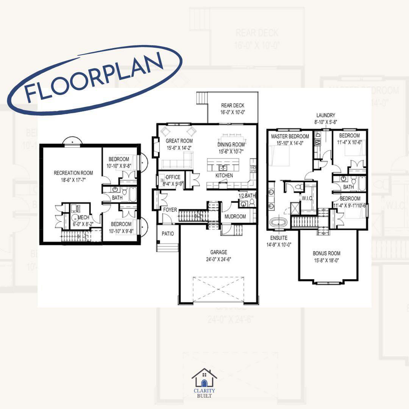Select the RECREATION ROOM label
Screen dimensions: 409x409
(73, 173)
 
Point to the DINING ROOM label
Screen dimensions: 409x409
(231, 145)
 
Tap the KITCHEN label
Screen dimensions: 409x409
(224, 176)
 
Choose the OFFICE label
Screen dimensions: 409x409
(173, 177)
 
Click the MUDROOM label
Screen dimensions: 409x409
(235, 217)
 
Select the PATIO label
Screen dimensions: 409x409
(168, 234)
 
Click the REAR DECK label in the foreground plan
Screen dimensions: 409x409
(233, 106)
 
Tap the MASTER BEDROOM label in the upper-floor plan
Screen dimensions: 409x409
(290, 136)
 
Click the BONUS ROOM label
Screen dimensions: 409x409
(326, 253)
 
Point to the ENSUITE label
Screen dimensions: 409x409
(279, 238)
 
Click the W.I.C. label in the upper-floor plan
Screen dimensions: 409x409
(306, 197)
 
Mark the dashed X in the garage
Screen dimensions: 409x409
(218, 289)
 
